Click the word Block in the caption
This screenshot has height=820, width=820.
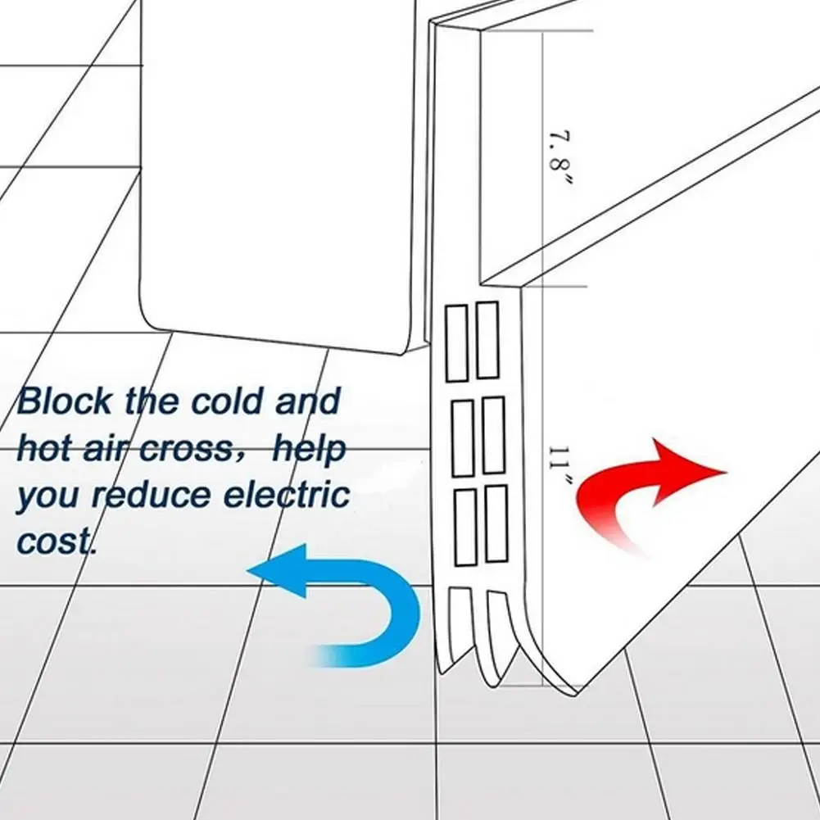click(65, 402)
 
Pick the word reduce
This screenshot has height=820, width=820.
click(141, 496)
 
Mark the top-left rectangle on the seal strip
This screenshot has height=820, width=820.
click(455, 342)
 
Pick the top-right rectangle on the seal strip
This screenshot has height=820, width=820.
click(487, 340)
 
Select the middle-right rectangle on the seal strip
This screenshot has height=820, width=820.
click(492, 435)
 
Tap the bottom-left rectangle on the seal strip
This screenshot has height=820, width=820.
click(464, 528)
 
